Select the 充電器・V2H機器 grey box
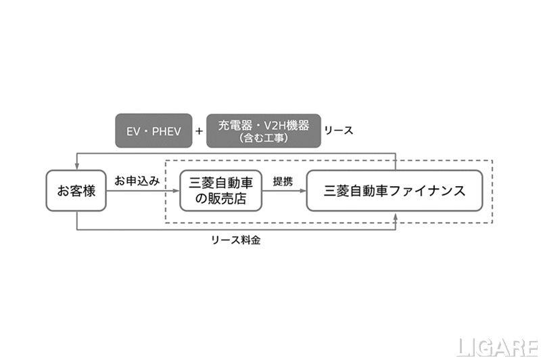[263, 130]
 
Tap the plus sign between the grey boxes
[199, 131]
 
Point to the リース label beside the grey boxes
[339, 131]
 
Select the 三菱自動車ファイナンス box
[394, 190]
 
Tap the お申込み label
[137, 181]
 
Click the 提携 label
[283, 181]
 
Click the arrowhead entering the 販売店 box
[177, 191]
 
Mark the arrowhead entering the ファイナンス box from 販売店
[303, 191]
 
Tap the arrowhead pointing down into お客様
[76, 167]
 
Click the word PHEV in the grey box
[166, 131]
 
